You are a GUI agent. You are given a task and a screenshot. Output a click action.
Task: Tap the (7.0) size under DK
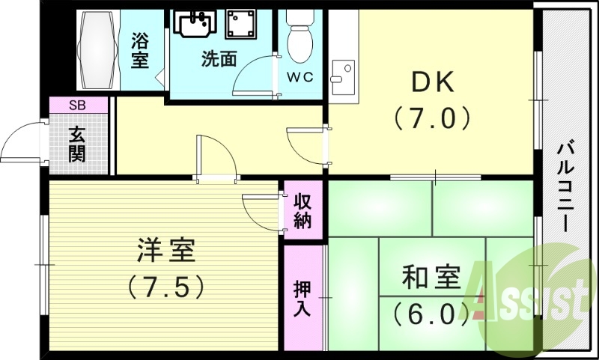coord(431,118)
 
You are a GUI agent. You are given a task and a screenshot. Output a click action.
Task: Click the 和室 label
coord(430,278)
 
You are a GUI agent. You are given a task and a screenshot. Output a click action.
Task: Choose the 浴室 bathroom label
coord(139,50)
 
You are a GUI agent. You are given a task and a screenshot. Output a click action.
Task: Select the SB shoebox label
coord(77,106)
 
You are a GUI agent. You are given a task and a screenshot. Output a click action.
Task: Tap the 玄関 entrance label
coord(77,144)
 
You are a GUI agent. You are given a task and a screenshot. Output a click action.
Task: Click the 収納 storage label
coord(302,211)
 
